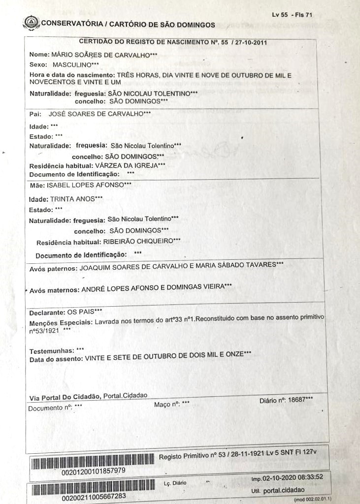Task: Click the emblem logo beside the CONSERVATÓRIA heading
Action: pyautogui.click(x=32, y=22)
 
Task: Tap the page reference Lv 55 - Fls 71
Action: pyautogui.click(x=292, y=15)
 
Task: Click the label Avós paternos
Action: pyautogui.click(x=52, y=269)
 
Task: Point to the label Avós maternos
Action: pyautogui.click(x=54, y=290)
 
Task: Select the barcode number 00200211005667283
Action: pyautogui.click(x=93, y=497)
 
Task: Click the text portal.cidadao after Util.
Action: pyautogui.click(x=284, y=490)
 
